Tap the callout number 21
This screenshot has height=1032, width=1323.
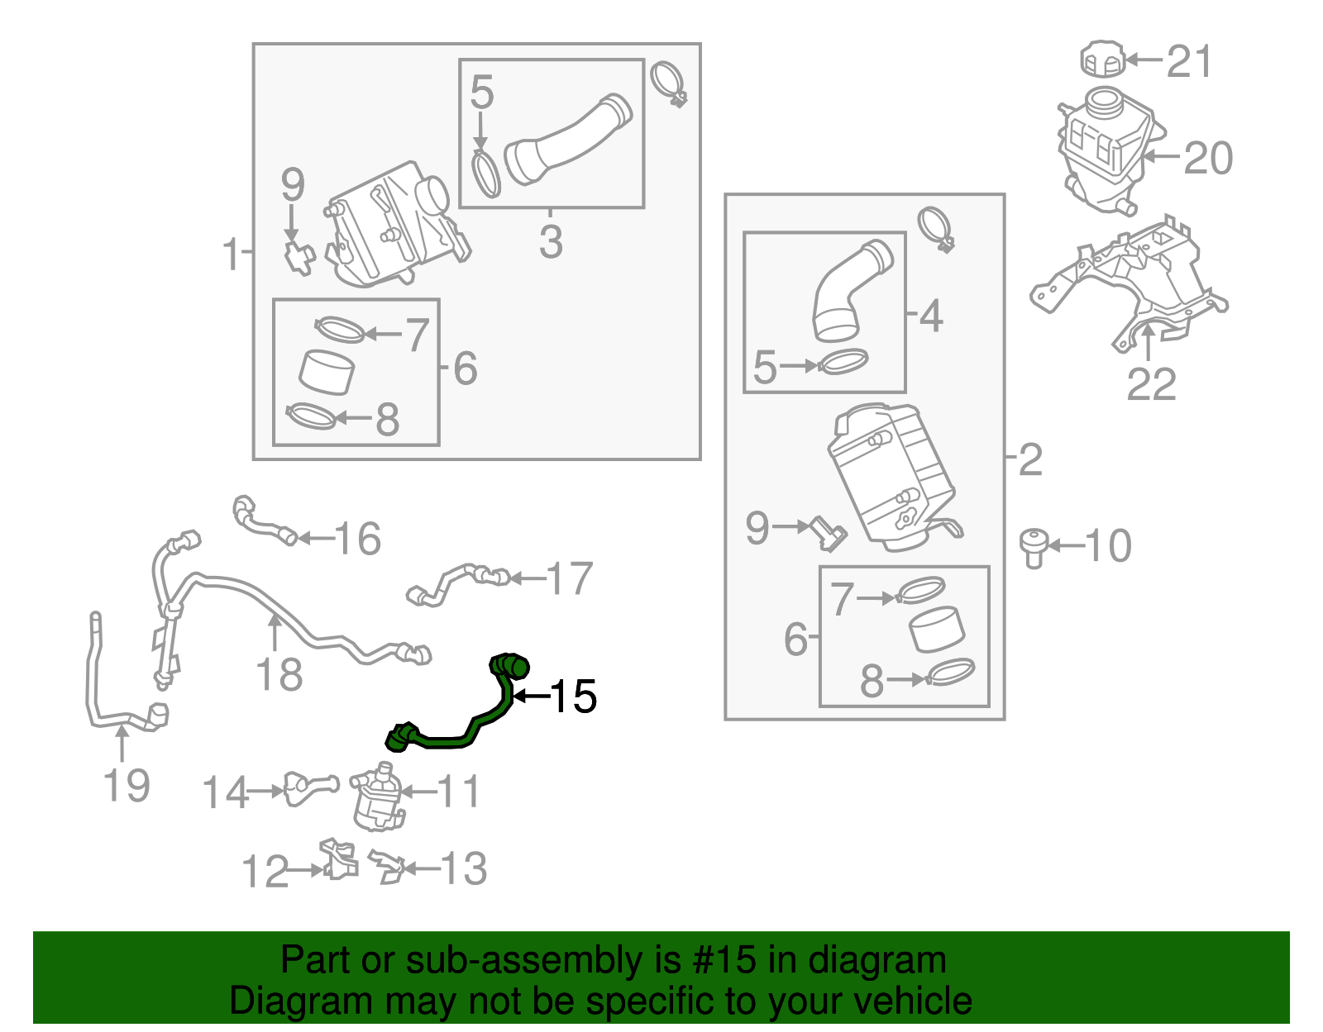pyautogui.click(x=1189, y=61)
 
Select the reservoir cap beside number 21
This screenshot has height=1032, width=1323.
pyautogui.click(x=1103, y=59)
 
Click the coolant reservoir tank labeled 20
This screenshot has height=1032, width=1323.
pyautogui.click(x=1104, y=149)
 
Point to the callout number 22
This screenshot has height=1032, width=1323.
pyautogui.click(x=1151, y=384)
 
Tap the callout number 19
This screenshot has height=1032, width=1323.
pyautogui.click(x=127, y=785)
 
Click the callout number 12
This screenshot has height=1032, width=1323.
pyautogui.click(x=265, y=872)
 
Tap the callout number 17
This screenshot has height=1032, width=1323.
pyautogui.click(x=570, y=578)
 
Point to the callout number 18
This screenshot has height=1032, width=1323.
pyautogui.click(x=279, y=675)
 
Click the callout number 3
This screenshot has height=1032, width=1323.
pyautogui.click(x=551, y=241)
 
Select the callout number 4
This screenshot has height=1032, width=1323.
pyautogui.click(x=931, y=316)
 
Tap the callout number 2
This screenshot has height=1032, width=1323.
pyautogui.click(x=1030, y=459)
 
